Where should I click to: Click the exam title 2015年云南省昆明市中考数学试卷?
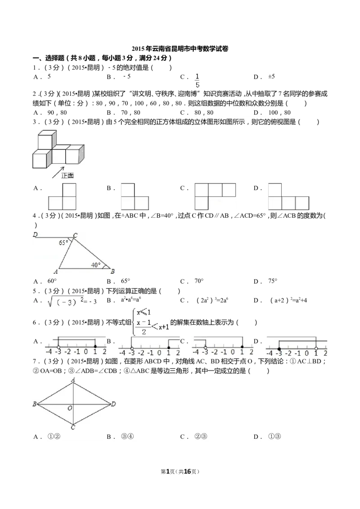(x=180, y=49)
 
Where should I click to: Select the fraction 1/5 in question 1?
(x=197, y=80)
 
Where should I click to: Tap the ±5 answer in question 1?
(x=272, y=76)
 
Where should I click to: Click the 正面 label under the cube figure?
(x=67, y=175)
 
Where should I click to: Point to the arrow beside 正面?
(x=58, y=172)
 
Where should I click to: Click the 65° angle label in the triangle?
(x=63, y=242)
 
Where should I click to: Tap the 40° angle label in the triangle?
(x=96, y=265)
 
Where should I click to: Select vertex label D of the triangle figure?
(x=36, y=234)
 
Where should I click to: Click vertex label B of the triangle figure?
(x=112, y=272)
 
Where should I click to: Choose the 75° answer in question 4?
(x=273, y=281)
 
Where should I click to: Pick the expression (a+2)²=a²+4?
(x=288, y=300)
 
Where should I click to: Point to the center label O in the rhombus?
(x=70, y=408)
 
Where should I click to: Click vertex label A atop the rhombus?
(x=73, y=380)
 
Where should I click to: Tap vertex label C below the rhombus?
(x=73, y=427)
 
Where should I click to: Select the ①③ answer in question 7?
(x=274, y=437)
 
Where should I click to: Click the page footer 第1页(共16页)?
(x=180, y=472)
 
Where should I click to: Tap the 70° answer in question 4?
(x=199, y=281)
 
